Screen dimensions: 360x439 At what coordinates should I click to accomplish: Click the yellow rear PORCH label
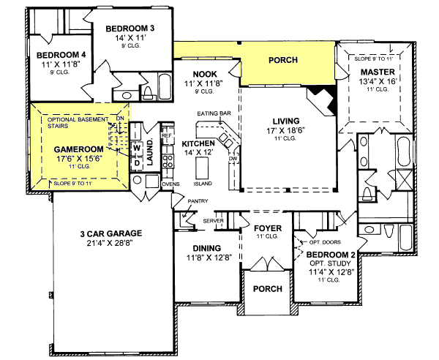point(282,59)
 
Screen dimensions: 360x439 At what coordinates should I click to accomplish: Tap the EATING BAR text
point(214,113)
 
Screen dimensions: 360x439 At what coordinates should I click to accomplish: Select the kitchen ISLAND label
point(203,183)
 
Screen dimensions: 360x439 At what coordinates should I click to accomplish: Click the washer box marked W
point(136,145)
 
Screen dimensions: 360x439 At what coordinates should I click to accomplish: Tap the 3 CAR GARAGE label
point(111,234)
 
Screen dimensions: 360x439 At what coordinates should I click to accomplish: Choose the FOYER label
point(267,228)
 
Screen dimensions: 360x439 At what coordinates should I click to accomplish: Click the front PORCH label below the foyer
point(267,288)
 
